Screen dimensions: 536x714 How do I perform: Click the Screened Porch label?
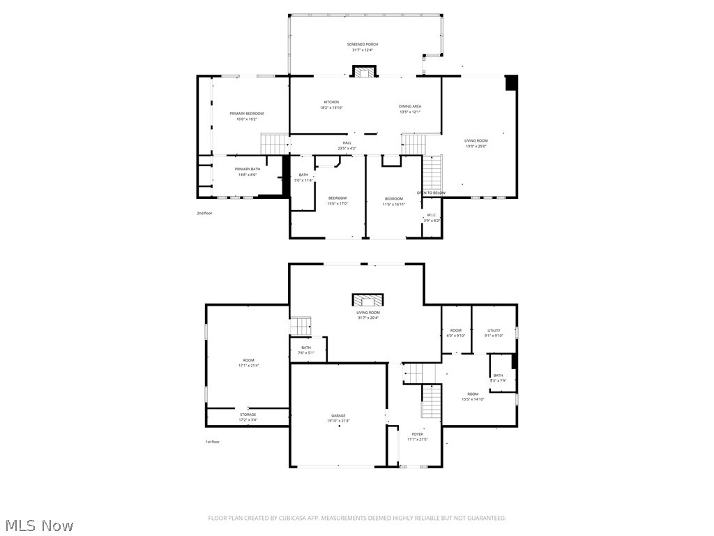(363, 47)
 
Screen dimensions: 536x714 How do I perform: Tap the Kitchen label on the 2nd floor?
(331, 105)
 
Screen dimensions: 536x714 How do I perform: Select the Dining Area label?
(410, 109)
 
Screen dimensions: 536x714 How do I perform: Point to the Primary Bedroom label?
(247, 116)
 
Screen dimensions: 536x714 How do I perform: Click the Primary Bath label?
(247, 172)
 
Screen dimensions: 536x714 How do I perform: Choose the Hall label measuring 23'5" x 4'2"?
(347, 145)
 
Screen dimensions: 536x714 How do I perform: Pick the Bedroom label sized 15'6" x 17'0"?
(337, 201)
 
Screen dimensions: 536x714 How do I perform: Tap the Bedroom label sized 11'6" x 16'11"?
(394, 202)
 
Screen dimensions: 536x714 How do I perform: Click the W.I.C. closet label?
(432, 217)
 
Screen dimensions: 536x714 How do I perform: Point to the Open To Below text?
(431, 193)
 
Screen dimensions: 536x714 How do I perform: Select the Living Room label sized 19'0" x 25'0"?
(476, 143)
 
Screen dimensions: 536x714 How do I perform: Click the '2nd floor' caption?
(204, 213)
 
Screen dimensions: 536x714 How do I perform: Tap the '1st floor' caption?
(212, 442)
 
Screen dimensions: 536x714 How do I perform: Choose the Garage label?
(338, 418)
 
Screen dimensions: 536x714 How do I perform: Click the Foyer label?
(417, 437)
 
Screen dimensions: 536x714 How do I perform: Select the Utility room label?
(494, 333)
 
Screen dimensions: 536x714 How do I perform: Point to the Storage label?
(248, 417)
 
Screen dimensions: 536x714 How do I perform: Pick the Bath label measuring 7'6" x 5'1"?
(307, 350)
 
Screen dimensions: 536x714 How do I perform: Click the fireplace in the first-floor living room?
(367, 300)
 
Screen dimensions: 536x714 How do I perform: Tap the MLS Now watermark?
(38, 525)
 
